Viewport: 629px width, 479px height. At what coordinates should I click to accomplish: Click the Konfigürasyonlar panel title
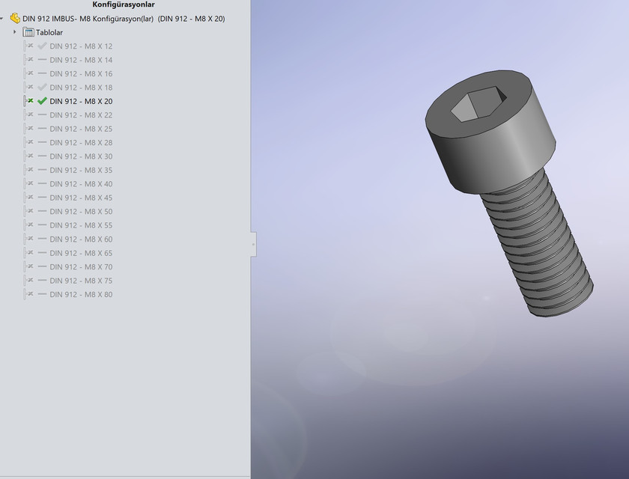click(x=124, y=4)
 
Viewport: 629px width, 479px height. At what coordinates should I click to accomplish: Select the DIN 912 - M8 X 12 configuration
click(x=81, y=46)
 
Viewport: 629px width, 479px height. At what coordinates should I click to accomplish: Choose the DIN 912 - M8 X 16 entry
click(x=81, y=74)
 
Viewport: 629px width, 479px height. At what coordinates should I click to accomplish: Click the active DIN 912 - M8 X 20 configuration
click(x=81, y=102)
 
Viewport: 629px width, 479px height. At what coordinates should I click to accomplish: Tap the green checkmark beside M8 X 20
click(x=42, y=101)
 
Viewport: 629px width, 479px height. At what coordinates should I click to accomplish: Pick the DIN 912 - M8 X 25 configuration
click(x=81, y=129)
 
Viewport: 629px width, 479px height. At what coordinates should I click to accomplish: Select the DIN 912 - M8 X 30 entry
click(x=81, y=156)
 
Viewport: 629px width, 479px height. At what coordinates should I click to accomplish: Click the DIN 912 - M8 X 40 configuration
click(x=81, y=184)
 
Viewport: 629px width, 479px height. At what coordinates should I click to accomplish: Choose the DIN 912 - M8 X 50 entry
click(x=81, y=212)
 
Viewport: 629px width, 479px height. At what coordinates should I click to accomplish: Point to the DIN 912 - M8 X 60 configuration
click(x=81, y=239)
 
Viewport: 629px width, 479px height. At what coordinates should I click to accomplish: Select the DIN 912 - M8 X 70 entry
click(x=81, y=267)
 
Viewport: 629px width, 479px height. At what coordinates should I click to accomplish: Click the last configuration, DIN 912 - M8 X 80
click(x=81, y=295)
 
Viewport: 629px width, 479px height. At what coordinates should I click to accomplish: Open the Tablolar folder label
click(x=49, y=32)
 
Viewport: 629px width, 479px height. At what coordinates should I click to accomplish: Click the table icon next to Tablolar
click(x=28, y=32)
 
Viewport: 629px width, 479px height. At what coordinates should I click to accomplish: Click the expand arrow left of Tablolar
click(x=15, y=32)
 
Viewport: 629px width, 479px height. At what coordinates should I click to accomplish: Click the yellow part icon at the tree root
click(x=15, y=18)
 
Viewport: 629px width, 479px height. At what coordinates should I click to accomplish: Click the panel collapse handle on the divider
click(x=253, y=245)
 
